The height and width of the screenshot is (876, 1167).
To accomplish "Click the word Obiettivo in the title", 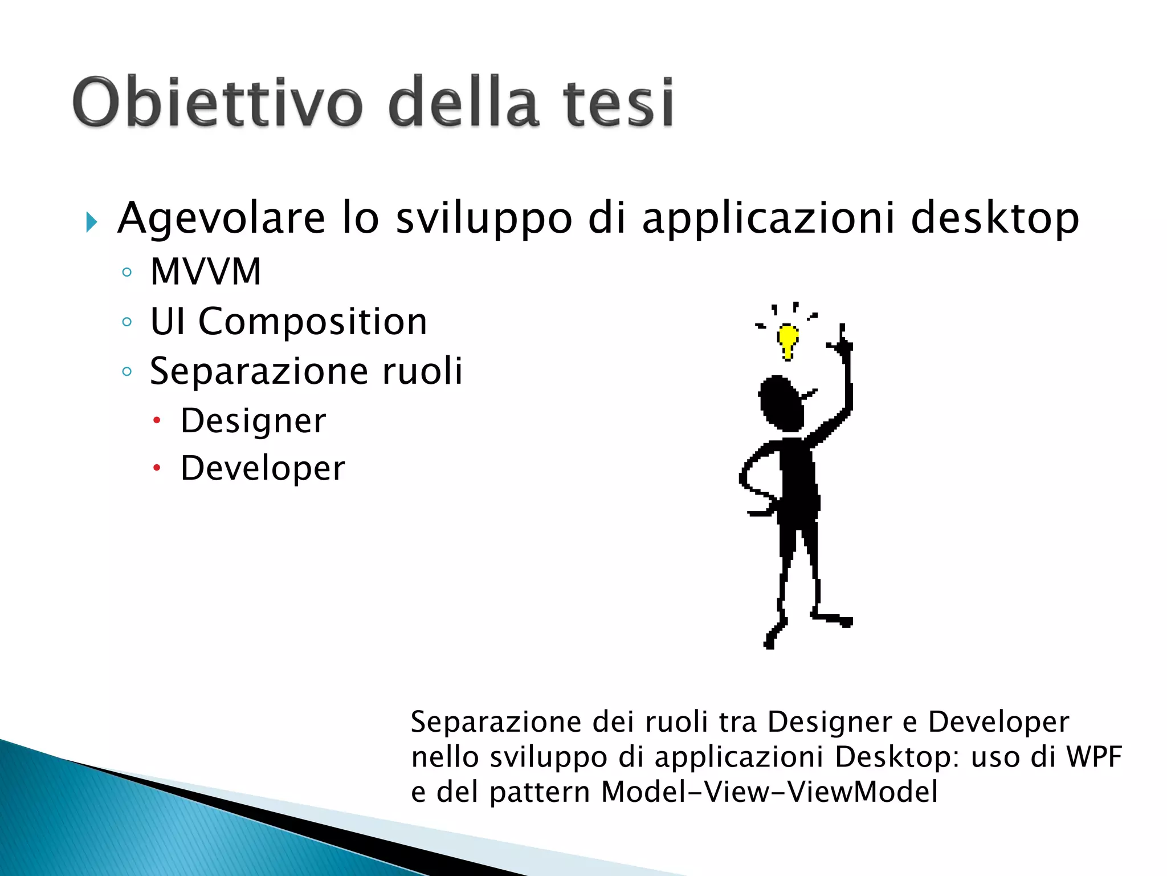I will (x=217, y=103).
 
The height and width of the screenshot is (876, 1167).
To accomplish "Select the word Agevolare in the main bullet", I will (x=221, y=218).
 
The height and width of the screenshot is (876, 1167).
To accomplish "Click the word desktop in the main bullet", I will (x=994, y=218).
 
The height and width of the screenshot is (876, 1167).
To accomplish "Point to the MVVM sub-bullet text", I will (x=206, y=271).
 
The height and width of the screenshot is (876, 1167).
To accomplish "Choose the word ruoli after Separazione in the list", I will (x=422, y=371).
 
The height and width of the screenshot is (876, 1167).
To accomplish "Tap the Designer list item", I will (x=253, y=421).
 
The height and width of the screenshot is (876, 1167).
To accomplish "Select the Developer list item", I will (x=263, y=469).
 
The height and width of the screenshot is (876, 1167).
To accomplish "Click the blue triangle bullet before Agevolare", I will (x=91, y=222).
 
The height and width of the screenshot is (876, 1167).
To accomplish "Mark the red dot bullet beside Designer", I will (x=157, y=421).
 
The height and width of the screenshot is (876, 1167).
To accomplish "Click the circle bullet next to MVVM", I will (x=127, y=272).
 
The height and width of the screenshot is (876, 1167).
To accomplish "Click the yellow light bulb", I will (x=788, y=340).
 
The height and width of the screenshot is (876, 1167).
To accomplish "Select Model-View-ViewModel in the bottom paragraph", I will (x=769, y=792).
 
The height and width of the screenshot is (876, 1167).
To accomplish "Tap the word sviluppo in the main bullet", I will (x=484, y=218).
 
